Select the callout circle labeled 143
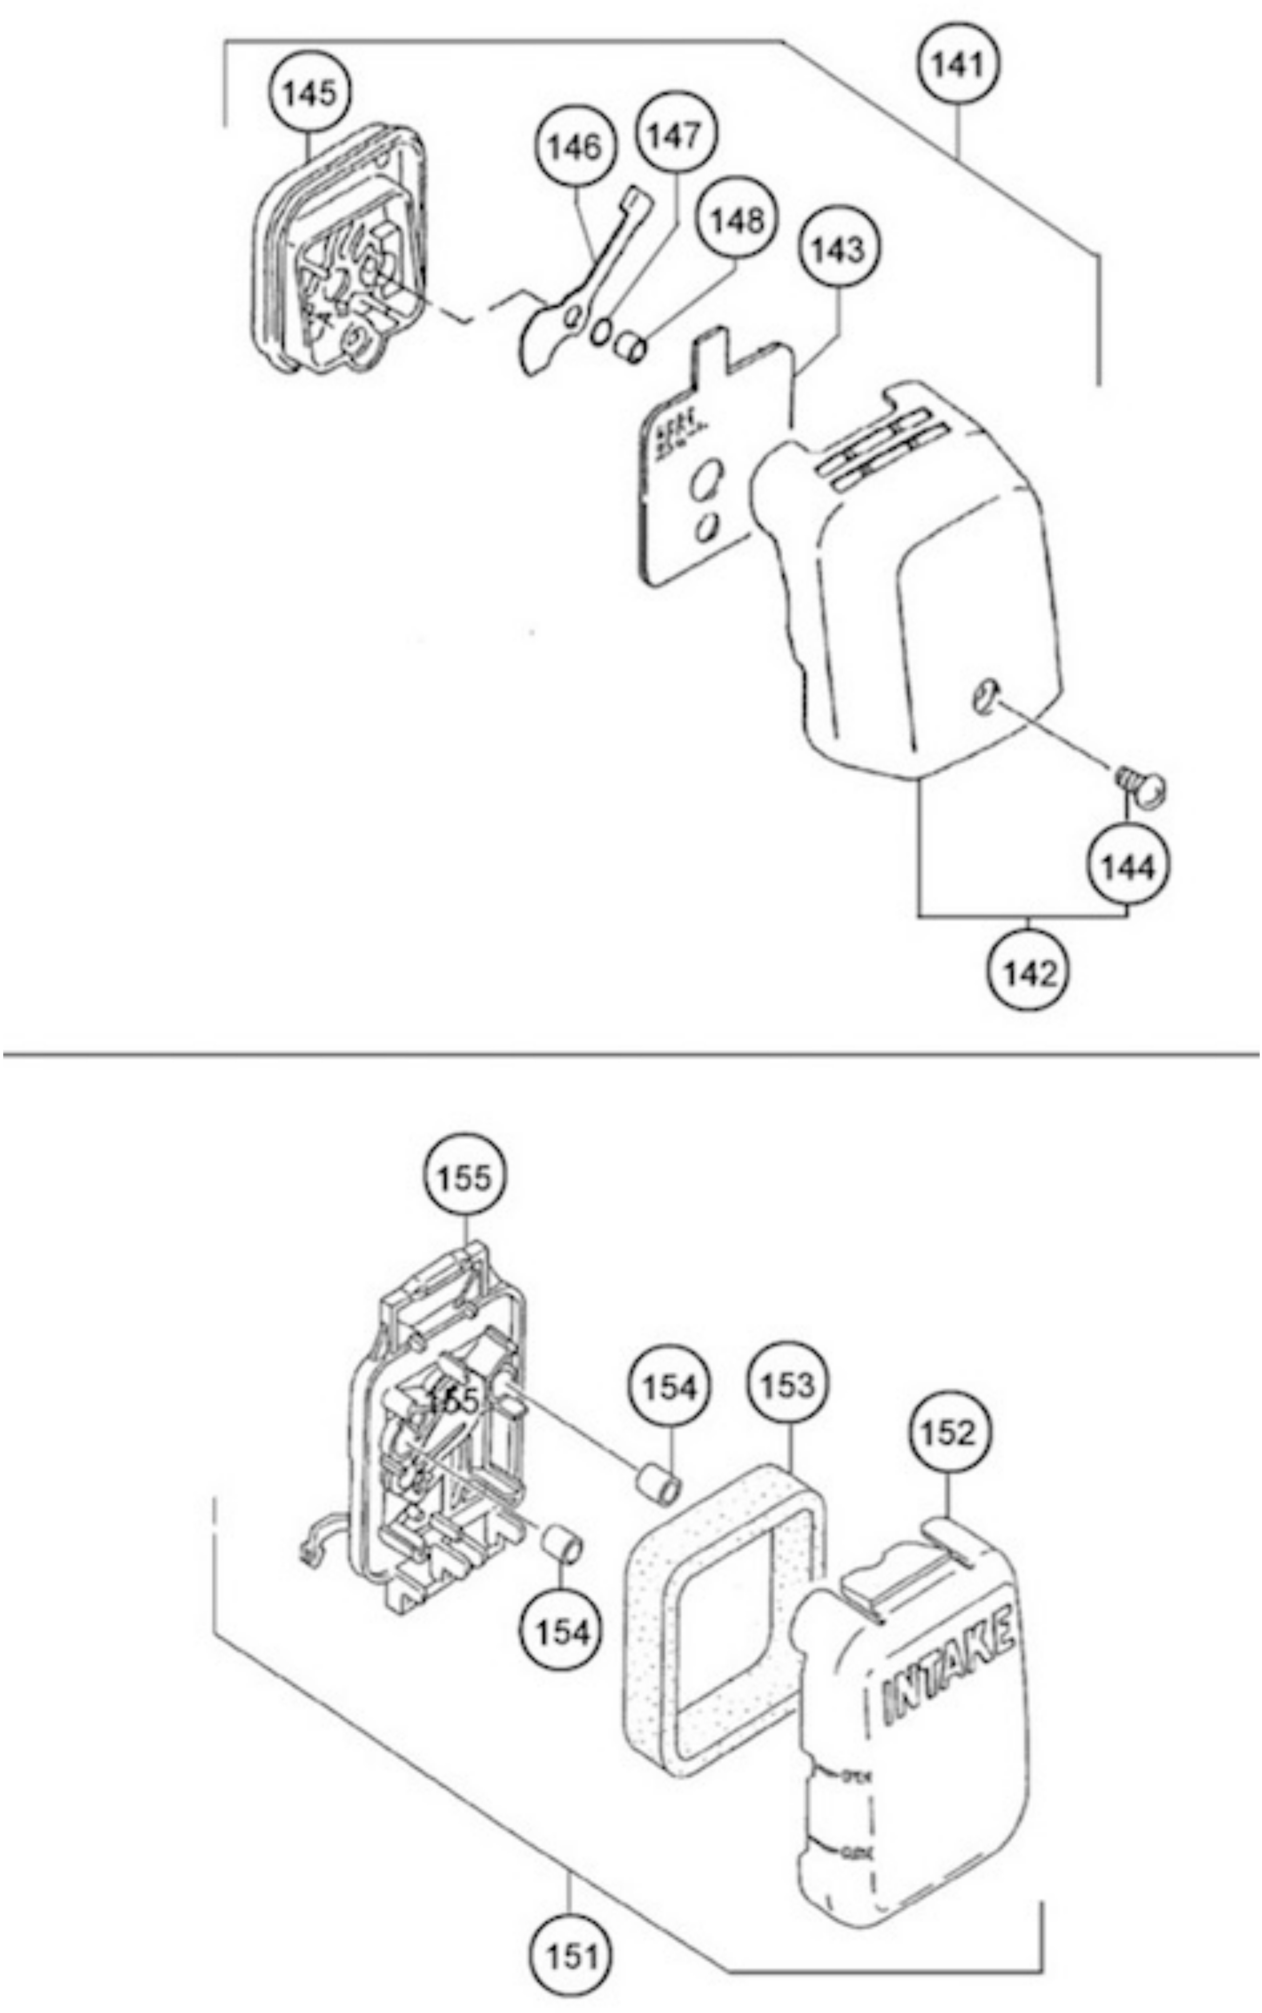point(839,249)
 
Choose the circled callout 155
point(464,1178)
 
